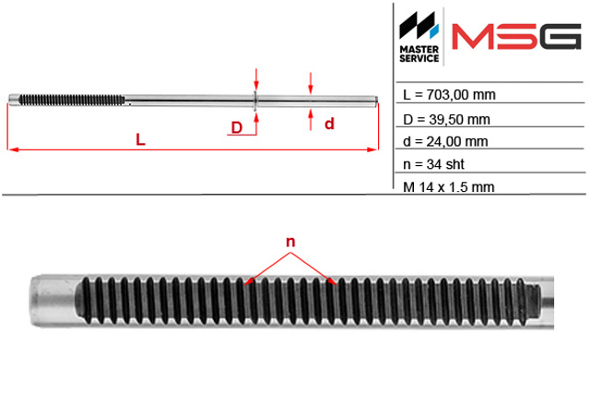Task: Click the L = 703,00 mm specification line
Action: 449,94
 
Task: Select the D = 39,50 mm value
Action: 446,120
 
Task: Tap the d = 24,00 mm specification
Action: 445,141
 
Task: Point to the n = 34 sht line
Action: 433,164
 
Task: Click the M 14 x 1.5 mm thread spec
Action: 448,186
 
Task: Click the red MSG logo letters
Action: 516,37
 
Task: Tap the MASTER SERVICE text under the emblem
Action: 419,54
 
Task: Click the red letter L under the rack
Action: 140,139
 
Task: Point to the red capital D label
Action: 237,127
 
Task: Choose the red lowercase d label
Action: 329,124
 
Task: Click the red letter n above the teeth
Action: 290,242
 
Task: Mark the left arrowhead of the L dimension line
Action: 13,149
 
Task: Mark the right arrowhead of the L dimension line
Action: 372,149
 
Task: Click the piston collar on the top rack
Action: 255,101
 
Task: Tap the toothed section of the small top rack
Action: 72,100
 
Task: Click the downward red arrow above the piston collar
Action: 256,79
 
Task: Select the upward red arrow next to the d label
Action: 311,119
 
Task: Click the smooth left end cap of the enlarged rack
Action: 53,301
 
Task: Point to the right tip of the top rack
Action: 376,101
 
